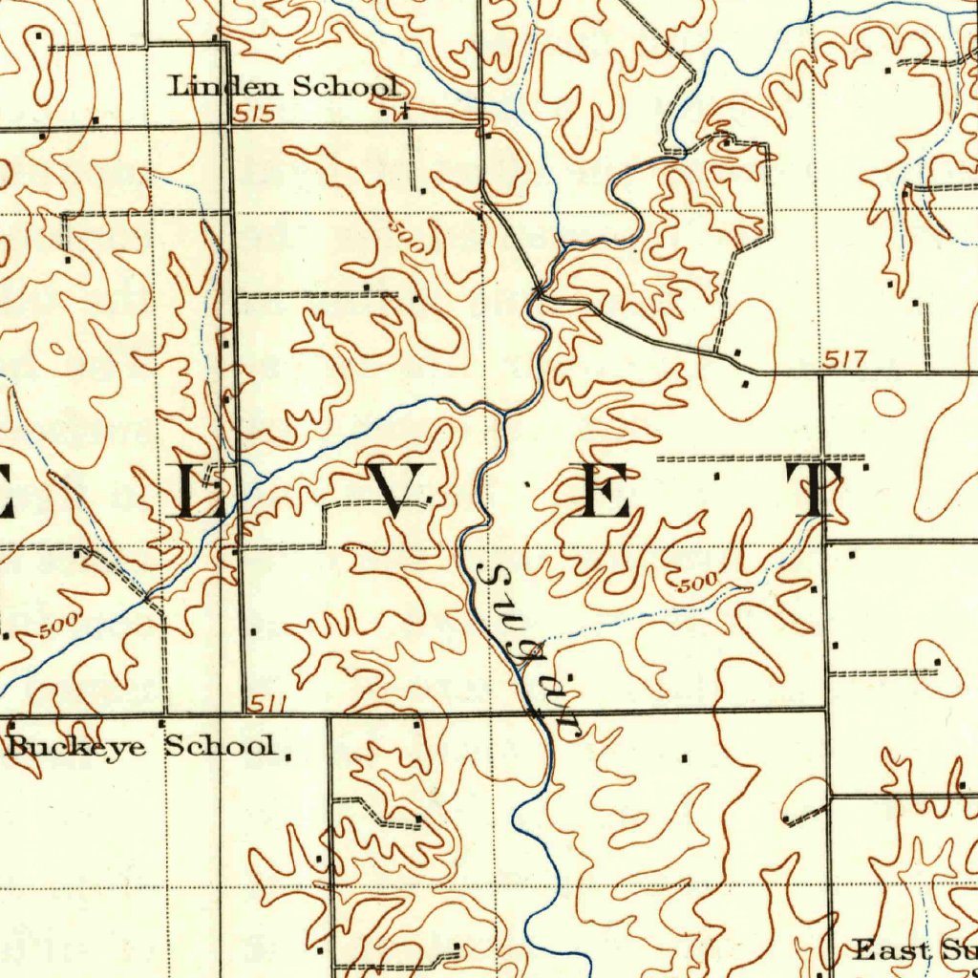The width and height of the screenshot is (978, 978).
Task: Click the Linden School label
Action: pyautogui.click(x=284, y=87)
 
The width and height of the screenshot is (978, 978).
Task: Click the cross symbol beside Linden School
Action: pyautogui.click(x=405, y=111)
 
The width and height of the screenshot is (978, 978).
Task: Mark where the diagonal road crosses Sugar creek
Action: pyautogui.click(x=540, y=289)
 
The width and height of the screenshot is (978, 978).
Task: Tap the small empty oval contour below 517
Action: pyautogui.click(x=889, y=403)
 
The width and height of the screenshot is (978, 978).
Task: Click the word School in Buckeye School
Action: pyautogui.click(x=222, y=746)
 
